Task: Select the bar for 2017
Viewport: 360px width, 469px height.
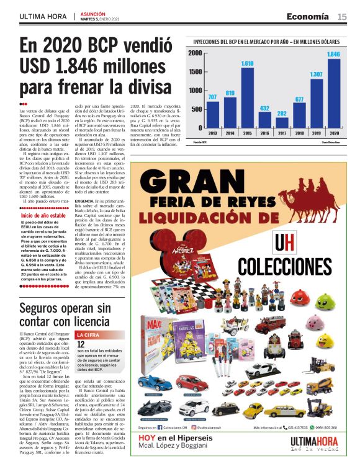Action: (x=282, y=123)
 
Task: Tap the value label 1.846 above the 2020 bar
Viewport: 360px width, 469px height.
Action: (x=333, y=55)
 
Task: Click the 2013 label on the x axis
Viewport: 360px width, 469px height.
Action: (x=212, y=133)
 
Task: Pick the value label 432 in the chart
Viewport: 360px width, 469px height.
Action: (x=264, y=108)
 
